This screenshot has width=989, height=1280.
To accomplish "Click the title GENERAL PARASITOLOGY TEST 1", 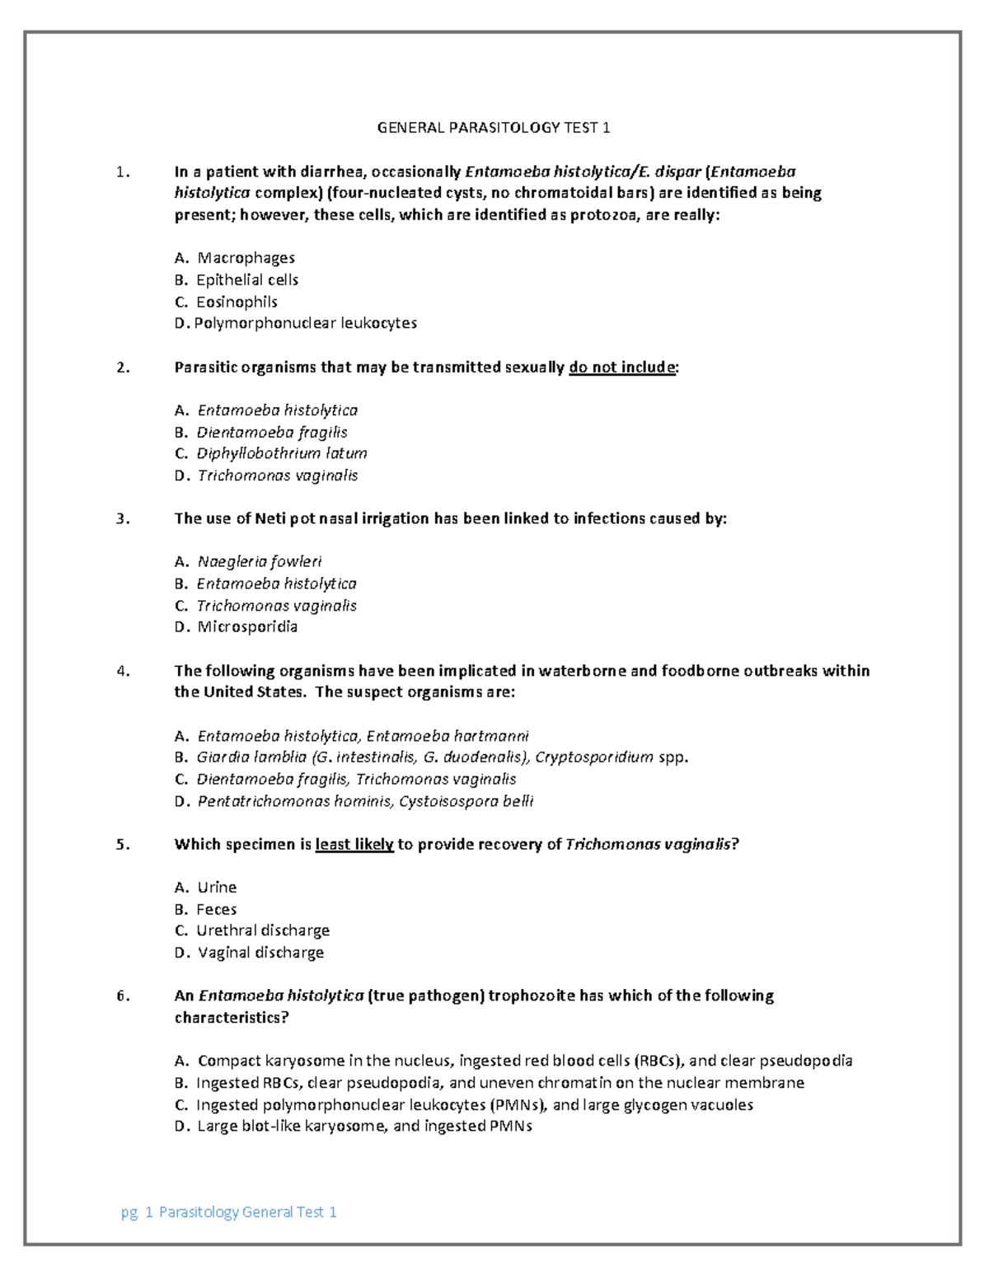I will (493, 128).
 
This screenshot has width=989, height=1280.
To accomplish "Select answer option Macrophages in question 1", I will (246, 258).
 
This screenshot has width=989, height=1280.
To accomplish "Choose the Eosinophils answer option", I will (237, 302).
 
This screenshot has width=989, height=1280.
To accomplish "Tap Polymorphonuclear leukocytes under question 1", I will (305, 323).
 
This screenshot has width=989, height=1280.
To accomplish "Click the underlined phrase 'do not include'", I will (622, 368).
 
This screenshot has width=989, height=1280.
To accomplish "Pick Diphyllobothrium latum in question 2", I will (281, 453).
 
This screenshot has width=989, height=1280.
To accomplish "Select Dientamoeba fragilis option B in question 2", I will (271, 432).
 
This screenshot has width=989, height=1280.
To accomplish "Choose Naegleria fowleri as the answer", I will (259, 562).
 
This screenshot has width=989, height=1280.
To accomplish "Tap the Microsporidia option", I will (247, 626).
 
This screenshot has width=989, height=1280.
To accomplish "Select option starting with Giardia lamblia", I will (441, 757).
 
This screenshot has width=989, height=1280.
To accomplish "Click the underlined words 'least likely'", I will (354, 845).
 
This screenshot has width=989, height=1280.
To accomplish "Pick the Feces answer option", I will (216, 909).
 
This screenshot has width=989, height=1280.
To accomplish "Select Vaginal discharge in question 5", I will (260, 953).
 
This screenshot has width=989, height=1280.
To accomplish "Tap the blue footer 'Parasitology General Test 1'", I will (247, 1212).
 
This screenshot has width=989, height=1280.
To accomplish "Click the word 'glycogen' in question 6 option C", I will (658, 1104).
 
